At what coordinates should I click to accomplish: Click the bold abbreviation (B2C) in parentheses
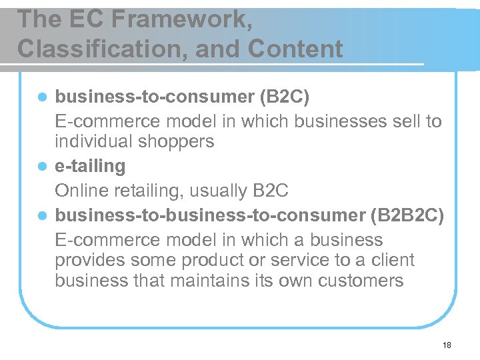coord(283,97)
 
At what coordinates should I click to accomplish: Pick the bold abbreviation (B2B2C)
coord(407,216)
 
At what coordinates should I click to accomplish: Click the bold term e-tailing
coord(90,166)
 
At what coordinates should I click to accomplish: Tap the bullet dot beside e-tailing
coord(42,167)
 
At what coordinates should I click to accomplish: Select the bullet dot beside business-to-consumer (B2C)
coord(42,98)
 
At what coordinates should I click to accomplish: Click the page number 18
coord(446,345)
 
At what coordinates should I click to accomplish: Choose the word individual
coord(93,142)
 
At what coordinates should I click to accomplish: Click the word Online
coord(77,191)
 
